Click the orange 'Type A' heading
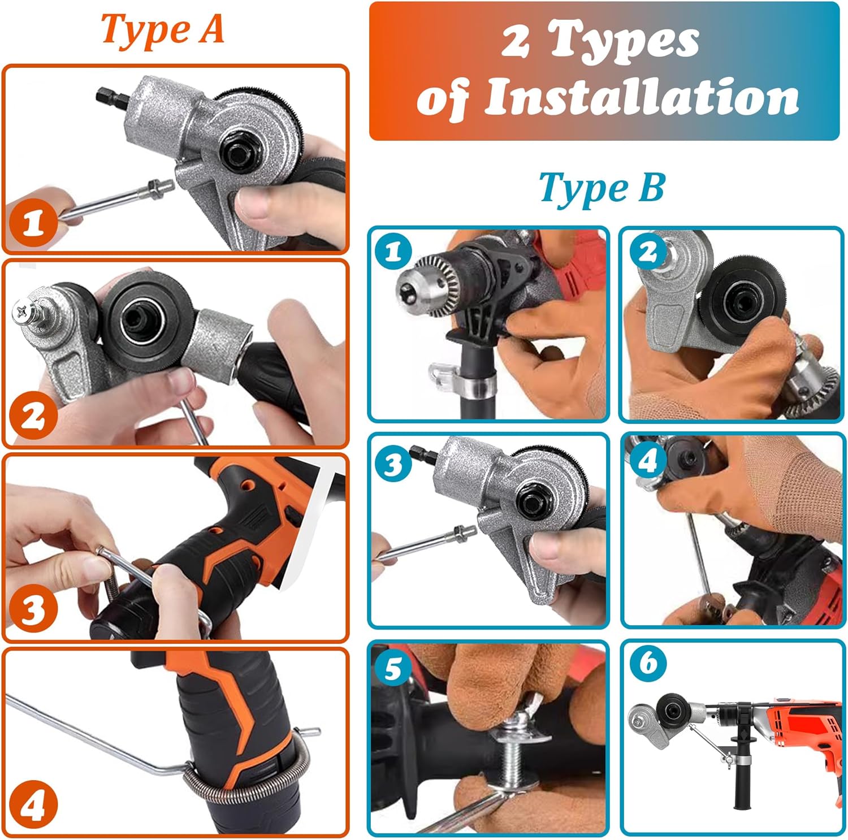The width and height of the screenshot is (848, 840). coord(162,29)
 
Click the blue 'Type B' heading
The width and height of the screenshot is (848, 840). coord(602,188)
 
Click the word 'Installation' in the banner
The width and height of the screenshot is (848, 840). coord(642,97)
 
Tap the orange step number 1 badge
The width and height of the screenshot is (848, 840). coord(33,223)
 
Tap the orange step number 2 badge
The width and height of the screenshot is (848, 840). coord(33,417)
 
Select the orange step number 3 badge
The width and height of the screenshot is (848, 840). coord(33,610)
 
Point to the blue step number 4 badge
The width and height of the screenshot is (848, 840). coord(647,461)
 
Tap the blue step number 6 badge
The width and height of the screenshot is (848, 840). coord(648,662)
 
